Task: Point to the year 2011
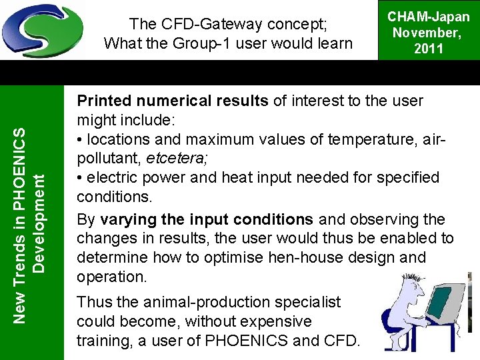(x=429, y=49)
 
